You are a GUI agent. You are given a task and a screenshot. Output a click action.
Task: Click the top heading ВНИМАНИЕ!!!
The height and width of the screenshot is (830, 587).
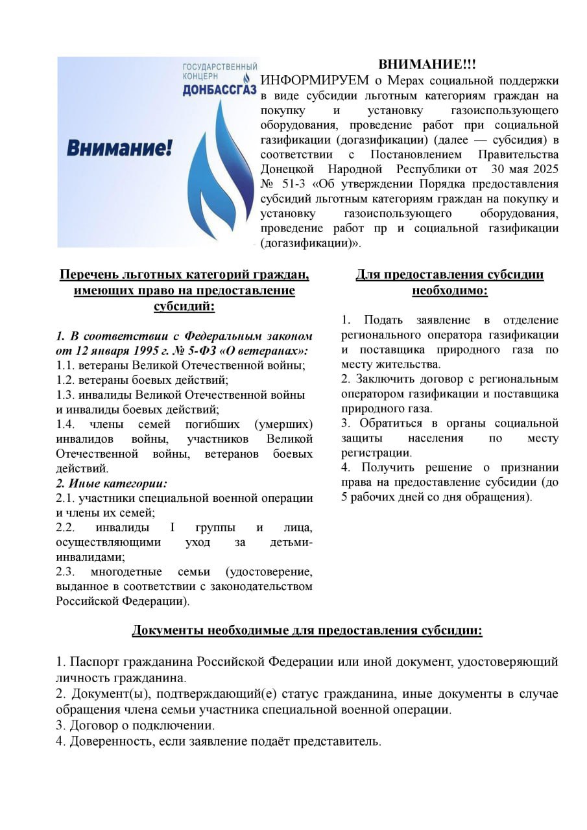click(427, 65)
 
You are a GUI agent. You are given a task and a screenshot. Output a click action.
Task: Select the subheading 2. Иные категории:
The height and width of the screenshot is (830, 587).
click(112, 483)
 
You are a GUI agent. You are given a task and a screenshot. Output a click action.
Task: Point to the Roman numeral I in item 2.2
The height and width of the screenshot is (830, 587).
click(173, 528)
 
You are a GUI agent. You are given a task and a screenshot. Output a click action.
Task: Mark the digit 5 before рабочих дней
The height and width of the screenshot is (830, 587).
click(345, 497)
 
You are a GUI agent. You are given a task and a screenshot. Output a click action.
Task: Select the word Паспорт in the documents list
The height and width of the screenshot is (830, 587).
click(99, 662)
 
